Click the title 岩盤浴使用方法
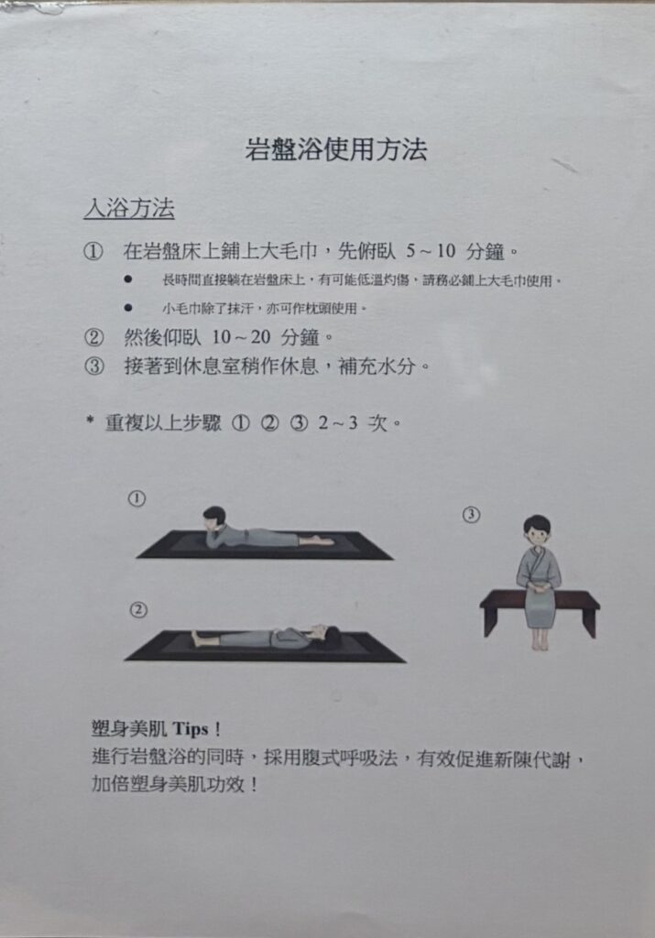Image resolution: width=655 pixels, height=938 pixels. click(336, 149)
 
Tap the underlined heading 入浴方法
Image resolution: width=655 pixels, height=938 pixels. click(129, 208)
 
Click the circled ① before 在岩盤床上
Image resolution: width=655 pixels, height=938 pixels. click(93, 251)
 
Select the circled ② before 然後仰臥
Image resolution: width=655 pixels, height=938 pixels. click(94, 337)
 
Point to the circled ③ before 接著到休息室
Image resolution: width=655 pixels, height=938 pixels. click(94, 365)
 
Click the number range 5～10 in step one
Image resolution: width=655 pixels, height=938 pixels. click(431, 251)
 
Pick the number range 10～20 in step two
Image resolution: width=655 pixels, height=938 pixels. click(241, 337)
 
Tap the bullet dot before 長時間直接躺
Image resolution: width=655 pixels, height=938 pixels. click(128, 279)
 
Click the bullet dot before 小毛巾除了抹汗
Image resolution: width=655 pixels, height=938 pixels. click(128, 308)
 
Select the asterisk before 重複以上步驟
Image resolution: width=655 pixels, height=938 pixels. click(90, 420)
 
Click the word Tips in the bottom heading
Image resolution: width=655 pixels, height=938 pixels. click(191, 729)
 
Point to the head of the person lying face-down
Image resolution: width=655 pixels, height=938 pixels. click(214, 517)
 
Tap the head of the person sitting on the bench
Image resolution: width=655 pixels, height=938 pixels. click(537, 529)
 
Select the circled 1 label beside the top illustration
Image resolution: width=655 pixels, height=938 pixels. click(137, 498)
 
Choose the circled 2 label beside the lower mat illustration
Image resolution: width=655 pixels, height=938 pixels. click(138, 609)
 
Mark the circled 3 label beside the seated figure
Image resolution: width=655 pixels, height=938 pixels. click(472, 515)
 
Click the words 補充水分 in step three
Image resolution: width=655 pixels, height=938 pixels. click(377, 365)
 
